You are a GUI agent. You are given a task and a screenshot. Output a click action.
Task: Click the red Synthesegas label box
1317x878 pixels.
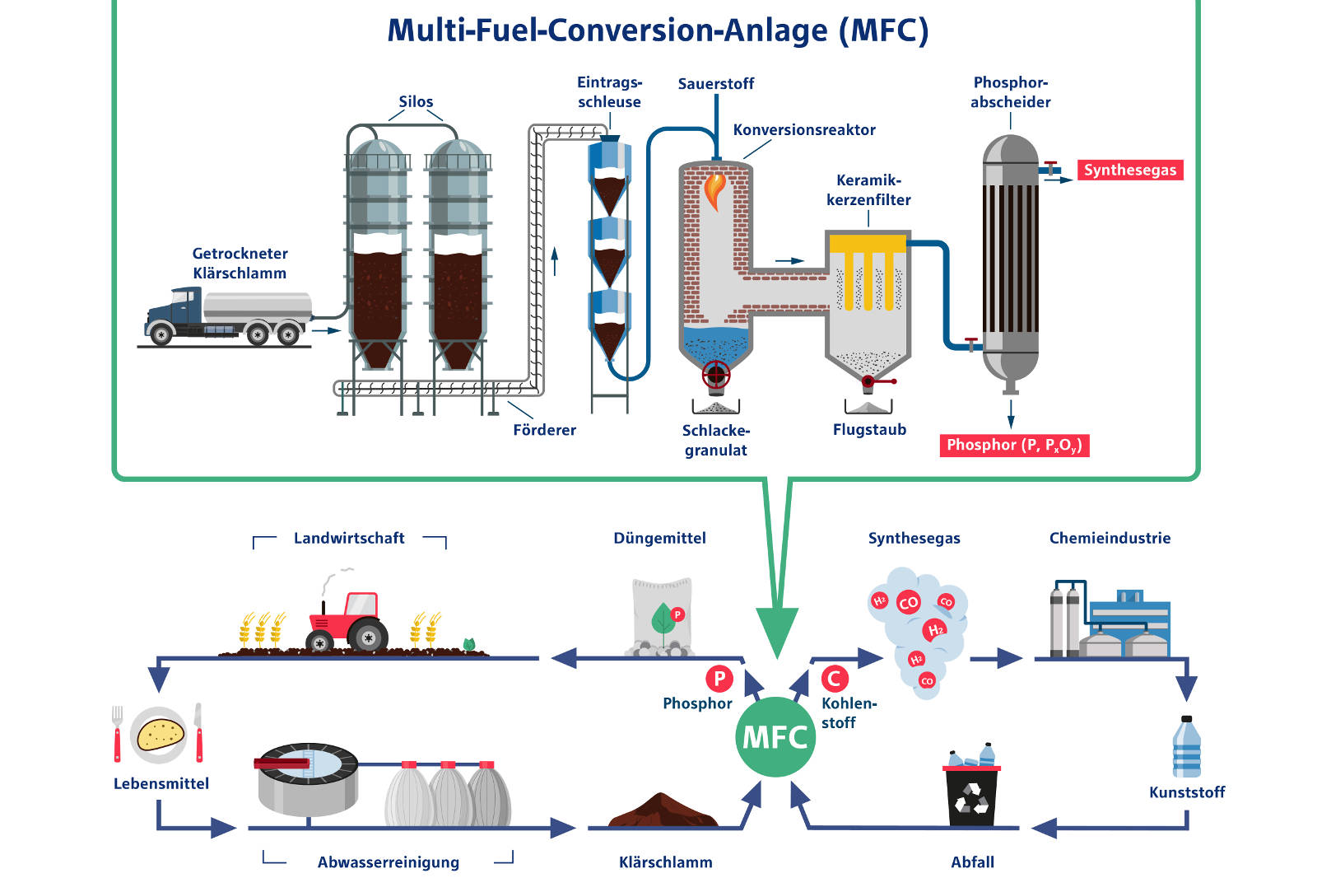click(x=1129, y=170)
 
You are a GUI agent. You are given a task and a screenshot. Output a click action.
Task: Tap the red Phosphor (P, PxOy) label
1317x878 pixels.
click(x=1013, y=446)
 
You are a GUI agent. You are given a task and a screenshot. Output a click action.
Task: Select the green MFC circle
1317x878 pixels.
click(x=775, y=737)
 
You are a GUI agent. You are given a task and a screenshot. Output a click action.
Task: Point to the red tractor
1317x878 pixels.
click(x=347, y=622)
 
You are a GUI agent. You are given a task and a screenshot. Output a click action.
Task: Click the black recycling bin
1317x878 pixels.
click(x=971, y=795)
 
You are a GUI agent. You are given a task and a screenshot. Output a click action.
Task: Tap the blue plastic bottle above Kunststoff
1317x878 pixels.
click(x=1186, y=747)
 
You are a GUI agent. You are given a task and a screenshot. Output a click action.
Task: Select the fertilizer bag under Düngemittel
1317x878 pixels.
click(x=662, y=615)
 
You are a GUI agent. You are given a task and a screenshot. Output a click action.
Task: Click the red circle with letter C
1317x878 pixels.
click(x=834, y=679)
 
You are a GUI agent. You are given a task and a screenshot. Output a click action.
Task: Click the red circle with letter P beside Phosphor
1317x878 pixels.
click(x=719, y=679)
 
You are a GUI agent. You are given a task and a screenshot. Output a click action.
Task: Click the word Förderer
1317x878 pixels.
click(x=544, y=430)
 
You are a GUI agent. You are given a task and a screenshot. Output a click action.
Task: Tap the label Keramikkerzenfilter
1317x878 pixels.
click(x=868, y=190)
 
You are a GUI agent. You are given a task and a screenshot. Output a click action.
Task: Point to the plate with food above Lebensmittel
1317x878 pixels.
click(x=159, y=734)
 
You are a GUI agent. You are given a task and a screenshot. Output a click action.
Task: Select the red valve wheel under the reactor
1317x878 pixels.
click(x=715, y=375)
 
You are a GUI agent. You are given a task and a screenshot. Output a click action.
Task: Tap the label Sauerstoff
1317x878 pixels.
click(x=715, y=84)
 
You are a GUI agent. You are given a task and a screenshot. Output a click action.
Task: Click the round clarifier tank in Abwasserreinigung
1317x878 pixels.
click(x=307, y=778)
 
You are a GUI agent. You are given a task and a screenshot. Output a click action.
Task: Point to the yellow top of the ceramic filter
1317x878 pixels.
click(x=867, y=244)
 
